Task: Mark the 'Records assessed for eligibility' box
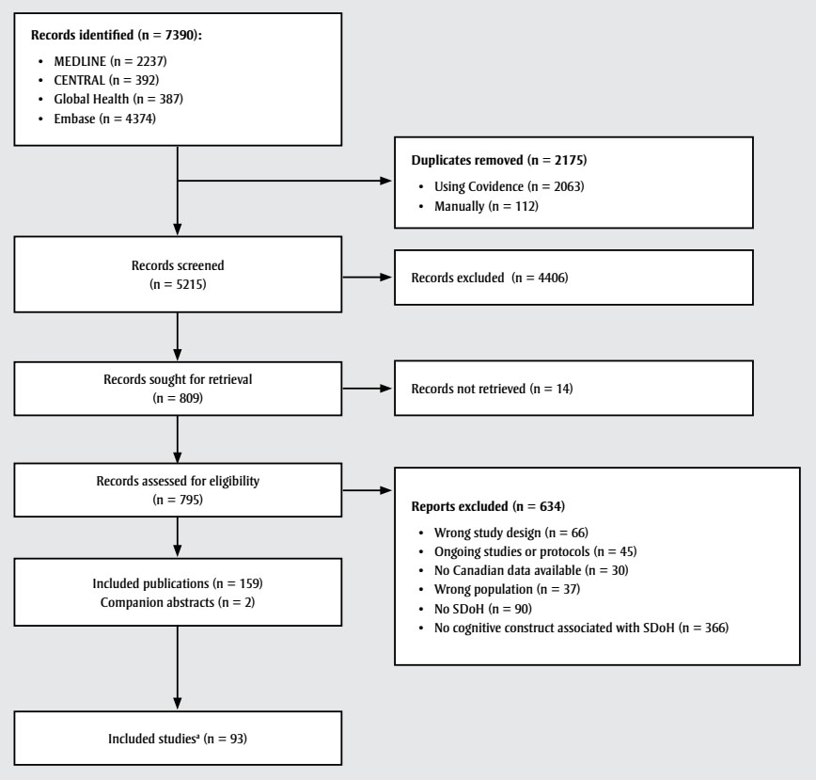(x=178, y=490)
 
